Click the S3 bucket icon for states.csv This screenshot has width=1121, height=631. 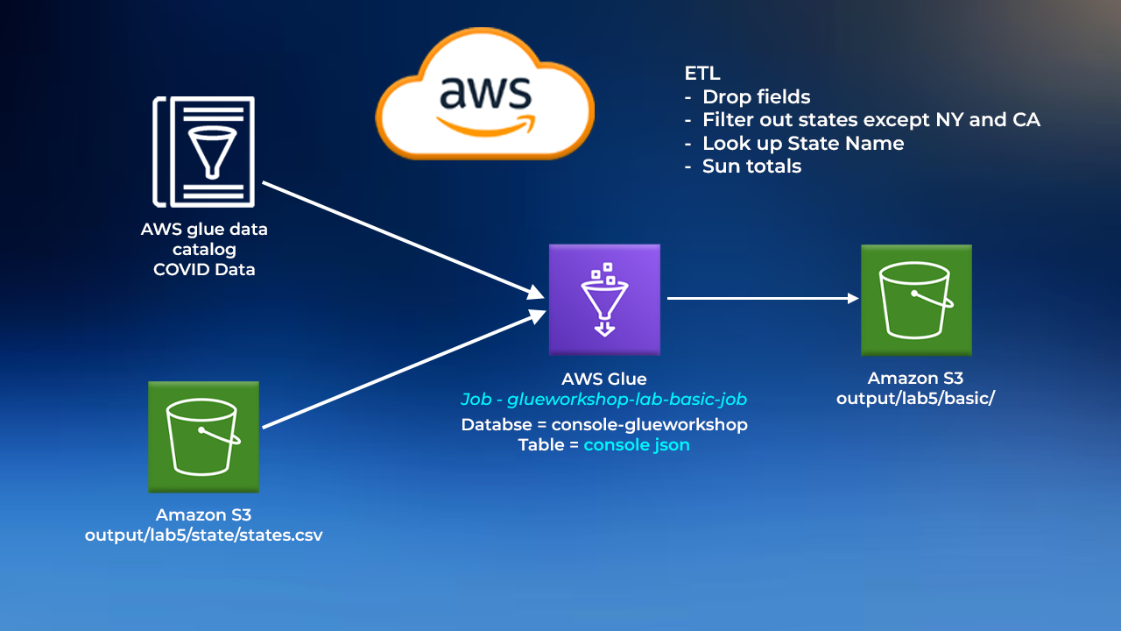click(x=203, y=436)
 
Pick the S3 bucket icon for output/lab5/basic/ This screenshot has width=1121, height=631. click(x=916, y=300)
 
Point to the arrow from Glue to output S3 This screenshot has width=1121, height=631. click(x=762, y=298)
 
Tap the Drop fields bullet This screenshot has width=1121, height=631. click(x=756, y=97)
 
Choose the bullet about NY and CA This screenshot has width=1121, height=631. click(x=871, y=120)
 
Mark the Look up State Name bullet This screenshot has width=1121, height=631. click(x=802, y=143)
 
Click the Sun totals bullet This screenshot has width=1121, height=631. click(x=751, y=166)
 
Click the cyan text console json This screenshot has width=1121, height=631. click(x=637, y=445)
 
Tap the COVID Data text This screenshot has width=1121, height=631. click(x=204, y=270)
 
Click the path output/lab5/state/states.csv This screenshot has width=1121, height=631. click(x=203, y=535)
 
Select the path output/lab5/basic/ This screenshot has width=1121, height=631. click(x=915, y=399)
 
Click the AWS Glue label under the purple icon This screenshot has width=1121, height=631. click(x=604, y=379)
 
